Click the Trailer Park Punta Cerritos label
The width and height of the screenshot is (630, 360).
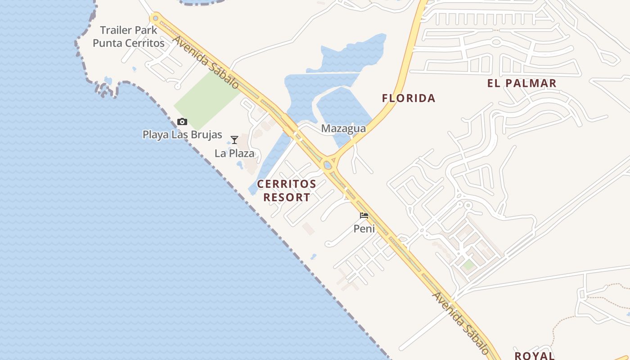(x=128, y=37)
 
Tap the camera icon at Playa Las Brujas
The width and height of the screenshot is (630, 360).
(x=182, y=121)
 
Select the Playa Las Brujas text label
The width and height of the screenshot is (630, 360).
(x=182, y=135)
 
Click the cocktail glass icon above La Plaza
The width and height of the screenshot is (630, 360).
(x=234, y=140)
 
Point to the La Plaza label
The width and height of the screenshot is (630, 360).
(x=234, y=153)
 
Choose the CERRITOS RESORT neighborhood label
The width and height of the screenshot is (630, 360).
(x=287, y=190)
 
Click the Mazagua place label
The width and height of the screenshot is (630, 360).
(x=343, y=129)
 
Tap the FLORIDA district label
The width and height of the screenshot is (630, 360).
(x=409, y=98)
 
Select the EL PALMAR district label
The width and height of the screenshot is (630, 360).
(x=522, y=83)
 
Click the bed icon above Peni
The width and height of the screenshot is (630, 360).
(x=364, y=216)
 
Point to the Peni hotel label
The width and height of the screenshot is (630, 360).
(x=364, y=229)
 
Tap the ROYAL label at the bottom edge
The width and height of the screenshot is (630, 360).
(x=535, y=355)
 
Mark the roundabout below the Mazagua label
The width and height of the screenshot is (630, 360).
(x=328, y=165)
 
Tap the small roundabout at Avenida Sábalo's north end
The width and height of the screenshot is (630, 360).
(x=156, y=18)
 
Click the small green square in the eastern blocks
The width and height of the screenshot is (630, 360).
(x=468, y=265)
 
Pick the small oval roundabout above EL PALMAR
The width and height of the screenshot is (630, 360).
(x=496, y=42)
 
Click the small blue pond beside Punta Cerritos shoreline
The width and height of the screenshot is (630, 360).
(x=108, y=81)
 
